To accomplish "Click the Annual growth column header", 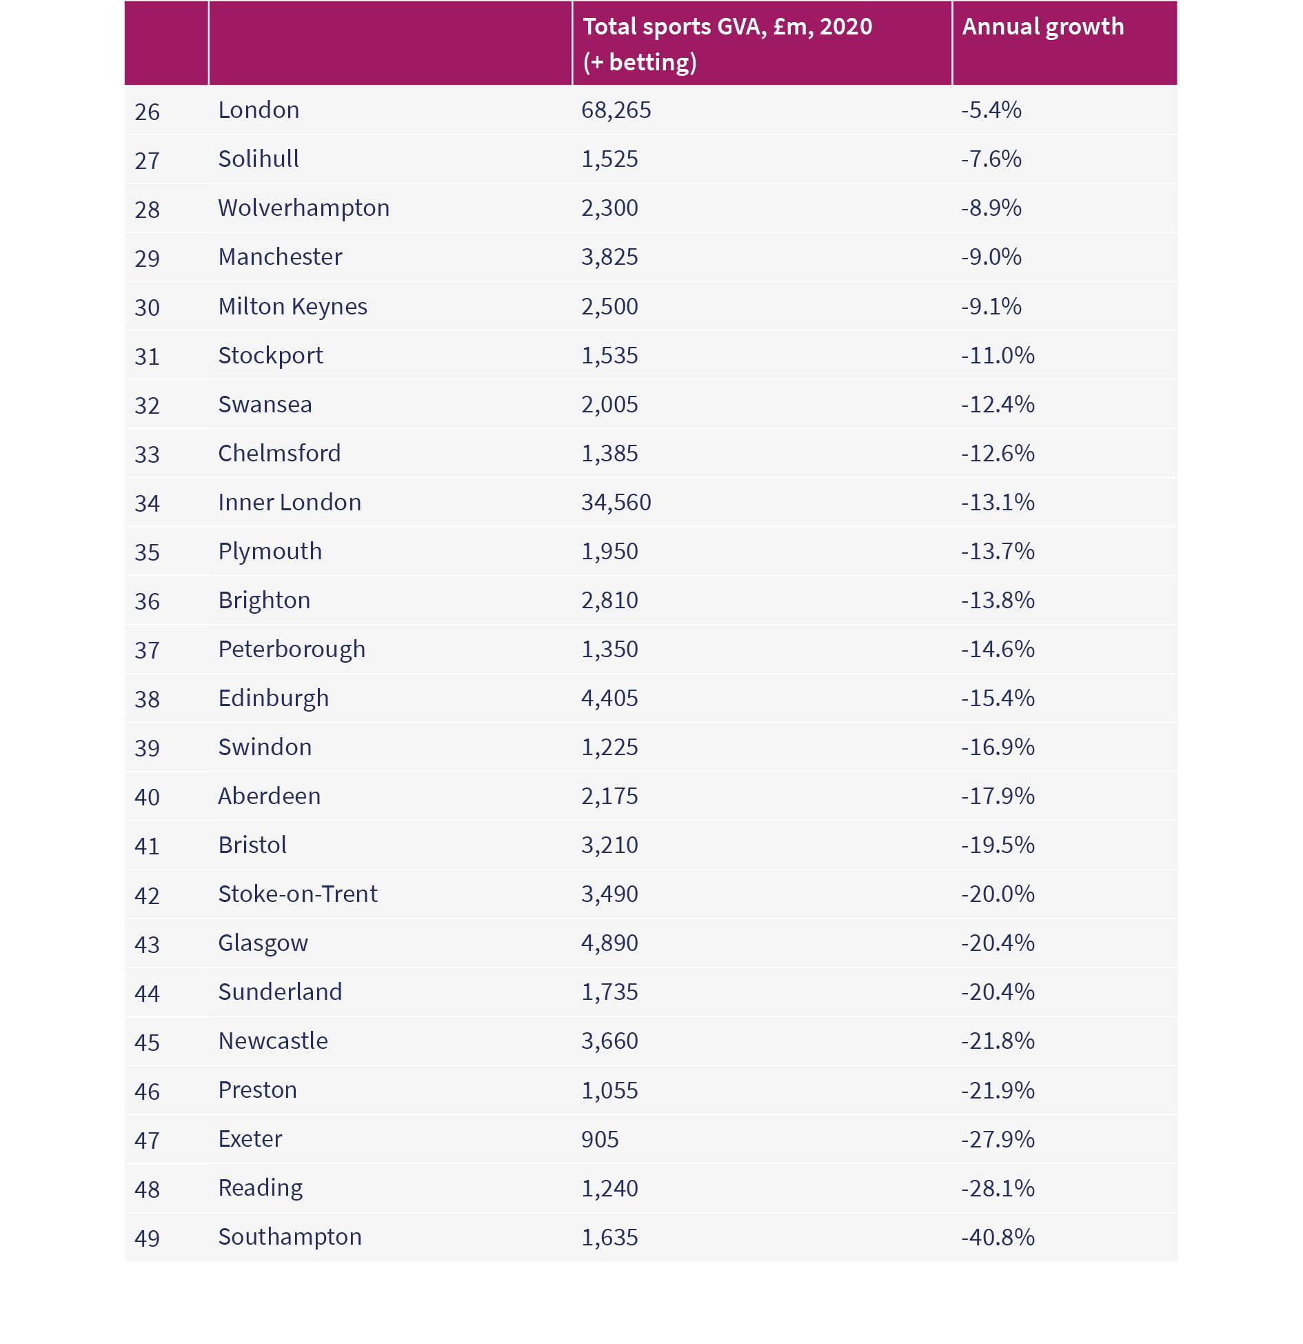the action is (x=1042, y=27).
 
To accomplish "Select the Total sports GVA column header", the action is (x=727, y=44).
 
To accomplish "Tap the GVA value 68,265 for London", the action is (x=616, y=110).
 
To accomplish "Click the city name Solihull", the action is (x=259, y=159).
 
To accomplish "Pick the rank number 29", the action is (x=147, y=258).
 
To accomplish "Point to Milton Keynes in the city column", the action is (x=292, y=307).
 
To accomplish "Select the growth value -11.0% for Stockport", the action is (x=998, y=355).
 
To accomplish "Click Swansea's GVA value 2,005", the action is (x=609, y=405).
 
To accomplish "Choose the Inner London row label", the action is (x=290, y=502).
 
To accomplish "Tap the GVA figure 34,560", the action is (x=616, y=503).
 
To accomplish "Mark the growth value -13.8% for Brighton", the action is (x=998, y=600).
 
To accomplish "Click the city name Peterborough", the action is (x=292, y=650).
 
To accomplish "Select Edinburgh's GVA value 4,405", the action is (x=609, y=699).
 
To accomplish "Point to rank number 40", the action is (x=147, y=797).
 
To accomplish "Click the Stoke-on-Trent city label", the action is (x=298, y=894).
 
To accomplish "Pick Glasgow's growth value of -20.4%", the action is (x=998, y=943).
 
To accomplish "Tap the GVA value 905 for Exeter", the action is (x=600, y=1139).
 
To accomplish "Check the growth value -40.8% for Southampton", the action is (x=998, y=1237).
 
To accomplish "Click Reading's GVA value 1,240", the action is (x=609, y=1189).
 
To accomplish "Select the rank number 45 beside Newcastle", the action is (x=147, y=1042).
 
